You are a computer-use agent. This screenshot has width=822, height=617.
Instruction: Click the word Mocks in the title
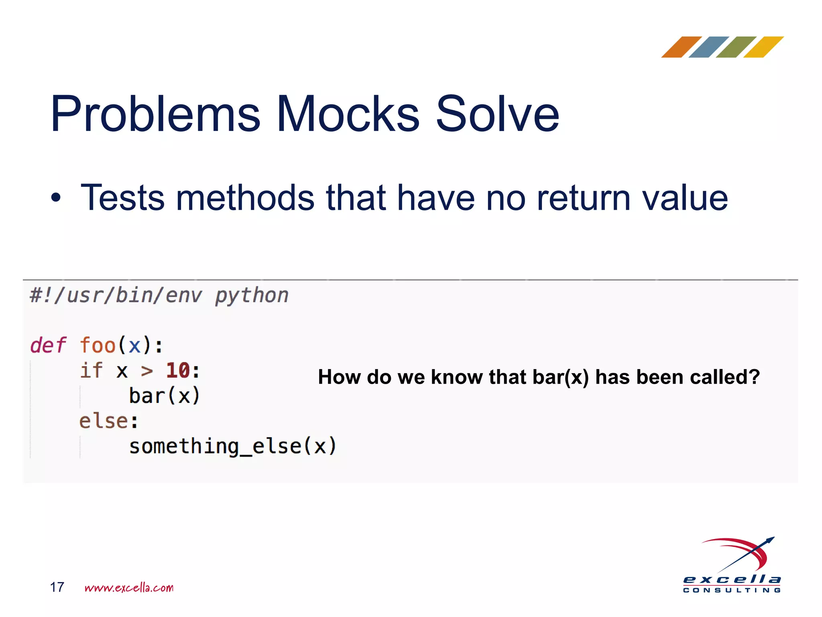[348, 114]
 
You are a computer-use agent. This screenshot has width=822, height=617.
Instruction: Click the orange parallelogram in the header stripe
[681, 47]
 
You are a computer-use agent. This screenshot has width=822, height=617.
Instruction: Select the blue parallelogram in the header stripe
[708, 47]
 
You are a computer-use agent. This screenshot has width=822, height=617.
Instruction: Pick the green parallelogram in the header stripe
[736, 47]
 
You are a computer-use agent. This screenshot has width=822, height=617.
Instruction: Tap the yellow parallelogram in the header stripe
[763, 47]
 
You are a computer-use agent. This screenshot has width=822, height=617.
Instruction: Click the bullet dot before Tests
[56, 198]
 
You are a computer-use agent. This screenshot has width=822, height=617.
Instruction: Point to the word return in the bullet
[584, 198]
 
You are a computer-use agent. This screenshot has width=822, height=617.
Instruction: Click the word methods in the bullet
[245, 198]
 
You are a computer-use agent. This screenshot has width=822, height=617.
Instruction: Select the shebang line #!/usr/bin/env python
[159, 296]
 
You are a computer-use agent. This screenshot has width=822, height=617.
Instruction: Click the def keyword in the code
[48, 345]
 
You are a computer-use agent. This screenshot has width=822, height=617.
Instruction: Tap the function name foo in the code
[98, 345]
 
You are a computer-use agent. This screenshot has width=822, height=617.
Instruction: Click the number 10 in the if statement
[178, 370]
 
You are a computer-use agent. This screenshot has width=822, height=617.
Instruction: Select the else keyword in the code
[104, 421]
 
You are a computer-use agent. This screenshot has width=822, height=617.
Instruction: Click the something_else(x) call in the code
[232, 446]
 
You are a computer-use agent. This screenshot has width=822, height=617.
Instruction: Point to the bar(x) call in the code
[164, 396]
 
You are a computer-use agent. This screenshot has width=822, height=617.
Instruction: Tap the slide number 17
[57, 587]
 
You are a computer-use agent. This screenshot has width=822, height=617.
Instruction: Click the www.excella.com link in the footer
[129, 588]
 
